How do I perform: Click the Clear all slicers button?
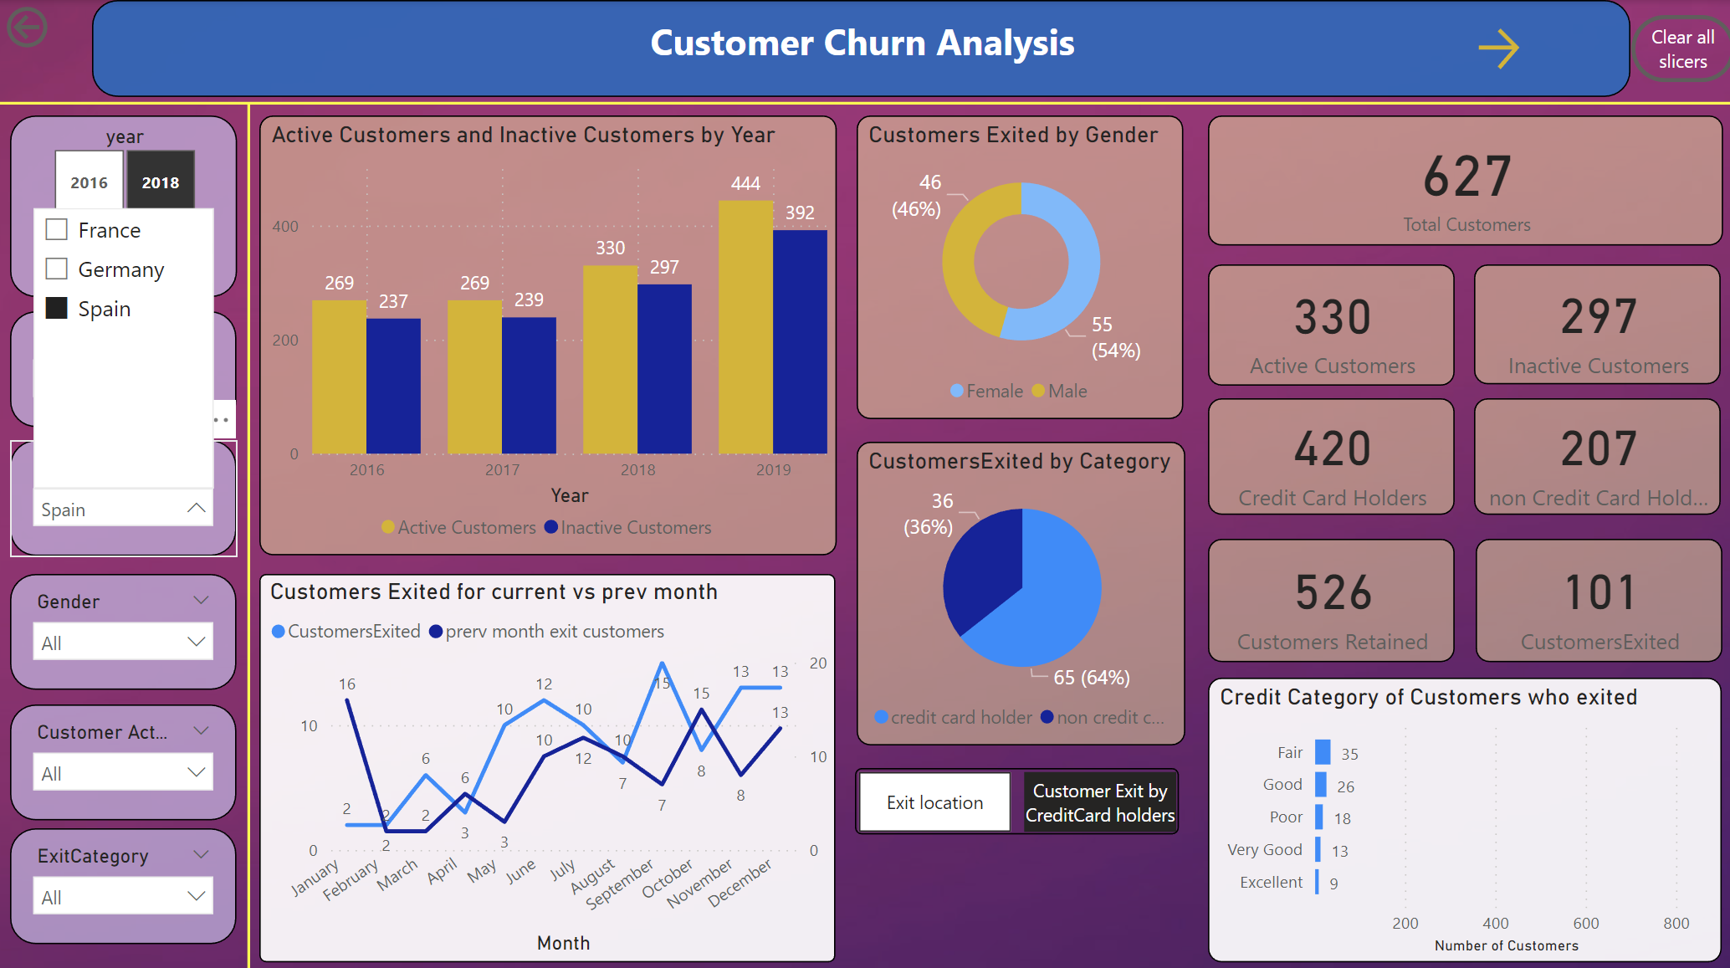(x=1681, y=49)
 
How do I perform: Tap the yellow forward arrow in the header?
(x=1497, y=49)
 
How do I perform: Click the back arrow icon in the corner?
(x=27, y=27)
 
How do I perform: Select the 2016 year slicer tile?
(x=89, y=182)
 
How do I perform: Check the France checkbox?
(x=57, y=229)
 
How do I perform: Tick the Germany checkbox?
(x=57, y=269)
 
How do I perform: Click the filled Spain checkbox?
(x=57, y=308)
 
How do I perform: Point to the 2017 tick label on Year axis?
(x=502, y=470)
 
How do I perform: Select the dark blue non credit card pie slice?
(x=983, y=569)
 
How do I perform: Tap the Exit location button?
(x=934, y=802)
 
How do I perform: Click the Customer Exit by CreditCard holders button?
(x=1099, y=802)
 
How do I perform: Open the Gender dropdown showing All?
(x=123, y=643)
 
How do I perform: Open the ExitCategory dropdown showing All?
(x=123, y=897)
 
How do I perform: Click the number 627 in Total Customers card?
(x=1466, y=177)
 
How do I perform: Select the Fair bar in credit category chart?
(x=1323, y=752)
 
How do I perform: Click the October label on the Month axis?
(x=668, y=878)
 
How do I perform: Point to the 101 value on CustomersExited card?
(x=1599, y=592)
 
